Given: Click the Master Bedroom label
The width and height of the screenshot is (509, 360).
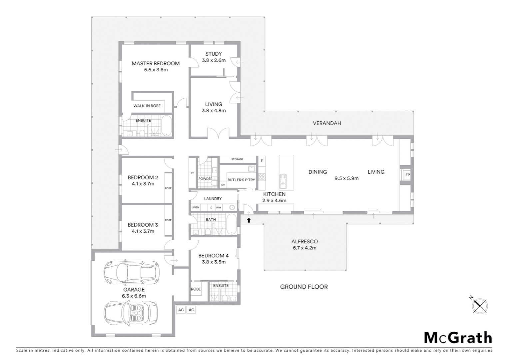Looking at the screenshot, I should [156, 63].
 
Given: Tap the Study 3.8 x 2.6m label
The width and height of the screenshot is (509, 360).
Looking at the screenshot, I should [214, 57].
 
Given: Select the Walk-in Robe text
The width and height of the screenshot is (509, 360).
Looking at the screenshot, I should [147, 106].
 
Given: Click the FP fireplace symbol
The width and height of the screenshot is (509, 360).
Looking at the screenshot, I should [407, 175].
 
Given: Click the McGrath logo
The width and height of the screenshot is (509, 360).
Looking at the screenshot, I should [458, 338].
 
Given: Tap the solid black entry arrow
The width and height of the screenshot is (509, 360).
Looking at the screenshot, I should [249, 220].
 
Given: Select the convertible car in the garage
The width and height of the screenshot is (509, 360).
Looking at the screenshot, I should [131, 313].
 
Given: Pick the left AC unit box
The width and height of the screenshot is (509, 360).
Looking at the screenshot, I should [181, 310].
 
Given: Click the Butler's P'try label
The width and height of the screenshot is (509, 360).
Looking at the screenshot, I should [241, 180].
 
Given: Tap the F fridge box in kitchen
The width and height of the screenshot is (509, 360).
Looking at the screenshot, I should [262, 161].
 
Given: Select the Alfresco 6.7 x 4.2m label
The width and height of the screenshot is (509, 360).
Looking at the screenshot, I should [304, 245].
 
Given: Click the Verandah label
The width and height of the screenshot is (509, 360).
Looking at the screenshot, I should [327, 123].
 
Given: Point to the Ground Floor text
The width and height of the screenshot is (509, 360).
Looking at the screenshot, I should [304, 287].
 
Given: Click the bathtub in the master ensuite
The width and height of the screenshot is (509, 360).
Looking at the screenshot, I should [166, 126].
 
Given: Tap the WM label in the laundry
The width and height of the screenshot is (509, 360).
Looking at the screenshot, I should [219, 208].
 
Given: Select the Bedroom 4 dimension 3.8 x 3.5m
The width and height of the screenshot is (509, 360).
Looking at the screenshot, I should [214, 262].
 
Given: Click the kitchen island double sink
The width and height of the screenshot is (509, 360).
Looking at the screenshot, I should [283, 179].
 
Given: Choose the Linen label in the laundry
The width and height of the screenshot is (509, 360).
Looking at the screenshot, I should [196, 207].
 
